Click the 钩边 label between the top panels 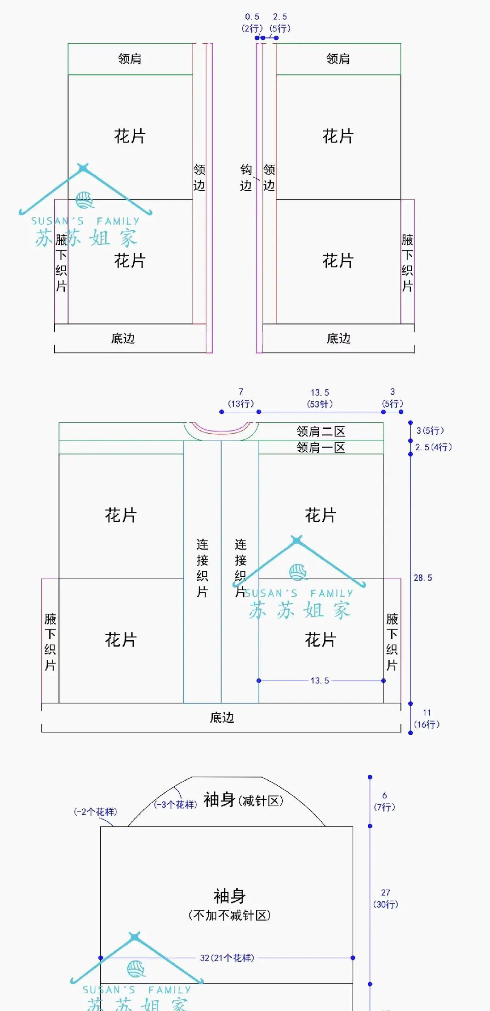246,177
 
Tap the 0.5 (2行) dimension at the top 252,23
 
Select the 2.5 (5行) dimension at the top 280,23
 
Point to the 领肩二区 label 320,432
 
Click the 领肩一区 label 320,447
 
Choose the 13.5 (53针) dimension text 320,398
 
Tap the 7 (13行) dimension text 241,398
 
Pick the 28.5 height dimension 423,578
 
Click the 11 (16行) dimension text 427,719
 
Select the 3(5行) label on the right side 430,431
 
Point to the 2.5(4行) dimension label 433,447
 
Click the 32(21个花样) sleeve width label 227,958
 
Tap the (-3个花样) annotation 175,805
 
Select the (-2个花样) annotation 96,812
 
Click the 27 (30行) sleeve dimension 386,898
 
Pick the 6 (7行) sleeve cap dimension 384,801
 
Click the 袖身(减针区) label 243,800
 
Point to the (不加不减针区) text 229,915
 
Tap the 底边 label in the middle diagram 222,717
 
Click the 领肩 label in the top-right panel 338,59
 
